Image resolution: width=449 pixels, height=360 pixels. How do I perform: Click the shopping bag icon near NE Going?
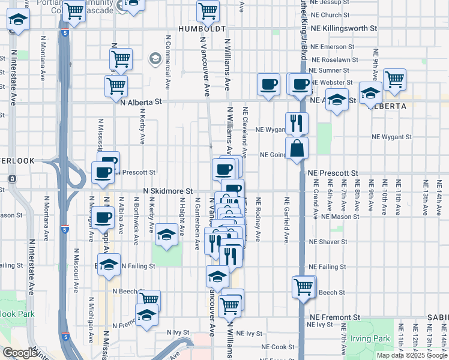tap(297, 148)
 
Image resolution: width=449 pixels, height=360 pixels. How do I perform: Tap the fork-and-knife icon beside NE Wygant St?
tap(297, 123)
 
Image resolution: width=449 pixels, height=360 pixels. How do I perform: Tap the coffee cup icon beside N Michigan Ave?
tap(103, 217)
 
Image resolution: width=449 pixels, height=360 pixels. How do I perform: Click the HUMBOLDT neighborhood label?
tap(201, 29)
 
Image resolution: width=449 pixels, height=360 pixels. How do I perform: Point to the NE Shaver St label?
tap(328, 242)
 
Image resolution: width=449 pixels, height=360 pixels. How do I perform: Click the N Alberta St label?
tap(142, 103)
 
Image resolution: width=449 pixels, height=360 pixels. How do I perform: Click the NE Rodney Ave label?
tap(258, 220)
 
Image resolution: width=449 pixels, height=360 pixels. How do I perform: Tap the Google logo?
tap(20, 353)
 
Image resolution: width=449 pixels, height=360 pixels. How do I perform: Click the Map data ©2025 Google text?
tap(411, 355)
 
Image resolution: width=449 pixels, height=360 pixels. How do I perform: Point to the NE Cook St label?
tap(278, 347)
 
